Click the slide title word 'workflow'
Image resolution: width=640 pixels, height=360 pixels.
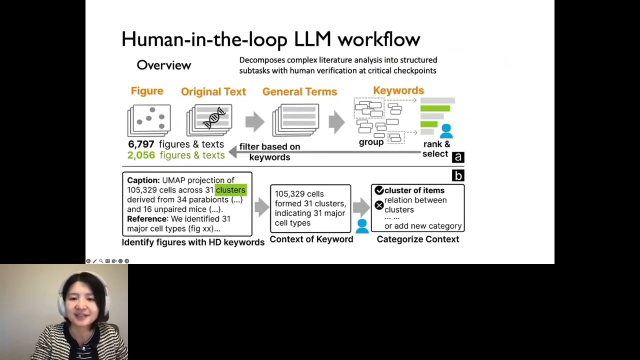[378, 39]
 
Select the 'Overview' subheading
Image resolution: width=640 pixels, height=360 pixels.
[163, 65]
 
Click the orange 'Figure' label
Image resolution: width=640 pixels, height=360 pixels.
[147, 91]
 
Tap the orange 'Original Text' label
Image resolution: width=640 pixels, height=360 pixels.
[213, 91]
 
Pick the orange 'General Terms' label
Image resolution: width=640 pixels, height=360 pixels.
[299, 91]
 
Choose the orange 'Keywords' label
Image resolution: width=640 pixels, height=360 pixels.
[398, 90]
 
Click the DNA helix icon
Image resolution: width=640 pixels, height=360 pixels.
[214, 118]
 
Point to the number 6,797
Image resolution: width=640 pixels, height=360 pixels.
[141, 144]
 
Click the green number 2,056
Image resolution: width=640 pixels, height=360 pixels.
[141, 155]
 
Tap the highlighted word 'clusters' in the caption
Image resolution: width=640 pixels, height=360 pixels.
[230, 190]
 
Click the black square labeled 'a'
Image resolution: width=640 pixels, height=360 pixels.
[457, 157]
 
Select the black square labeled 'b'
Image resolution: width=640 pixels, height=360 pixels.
[457, 175]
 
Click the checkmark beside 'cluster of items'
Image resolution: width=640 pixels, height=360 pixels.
[379, 190]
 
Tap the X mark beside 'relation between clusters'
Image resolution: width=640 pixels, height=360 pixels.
[379, 205]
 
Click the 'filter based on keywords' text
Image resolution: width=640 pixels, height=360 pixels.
[269, 152]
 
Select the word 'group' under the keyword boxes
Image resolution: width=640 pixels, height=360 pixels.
[371, 142]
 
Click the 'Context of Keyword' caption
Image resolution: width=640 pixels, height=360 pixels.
[311, 239]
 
